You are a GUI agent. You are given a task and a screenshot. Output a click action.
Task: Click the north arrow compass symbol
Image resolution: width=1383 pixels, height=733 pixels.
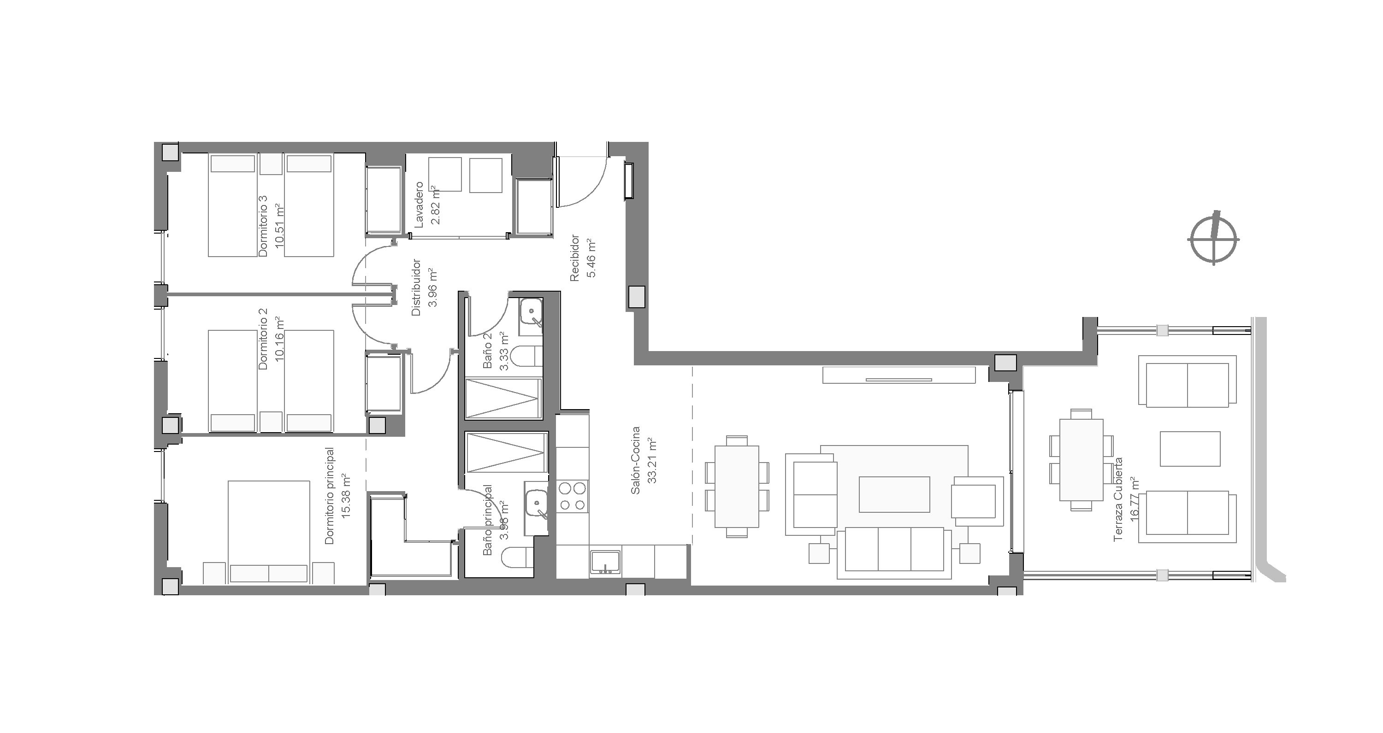pos(1214,239)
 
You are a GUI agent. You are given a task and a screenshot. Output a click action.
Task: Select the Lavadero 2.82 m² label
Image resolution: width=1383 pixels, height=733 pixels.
pos(427,204)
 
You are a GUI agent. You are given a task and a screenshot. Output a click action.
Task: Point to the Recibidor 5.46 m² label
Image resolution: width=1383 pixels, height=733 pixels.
pos(583,258)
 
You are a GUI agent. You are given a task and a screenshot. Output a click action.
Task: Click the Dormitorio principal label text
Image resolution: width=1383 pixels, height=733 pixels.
pos(330,496)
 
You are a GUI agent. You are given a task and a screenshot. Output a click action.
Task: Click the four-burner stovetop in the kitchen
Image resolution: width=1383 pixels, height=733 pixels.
pos(572,496)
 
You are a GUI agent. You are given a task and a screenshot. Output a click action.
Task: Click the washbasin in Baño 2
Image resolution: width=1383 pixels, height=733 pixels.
pos(531,312)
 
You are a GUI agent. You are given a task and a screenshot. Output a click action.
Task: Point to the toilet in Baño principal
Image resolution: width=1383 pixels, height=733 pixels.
pos(518,558)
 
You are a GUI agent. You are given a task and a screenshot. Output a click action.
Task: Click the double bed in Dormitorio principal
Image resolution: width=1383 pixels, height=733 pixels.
pos(268,532)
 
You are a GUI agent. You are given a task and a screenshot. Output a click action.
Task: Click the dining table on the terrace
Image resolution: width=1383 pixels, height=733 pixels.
pos(1081,459)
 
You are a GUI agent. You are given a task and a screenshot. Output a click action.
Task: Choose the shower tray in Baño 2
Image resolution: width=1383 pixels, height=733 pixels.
pos(502,398)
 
